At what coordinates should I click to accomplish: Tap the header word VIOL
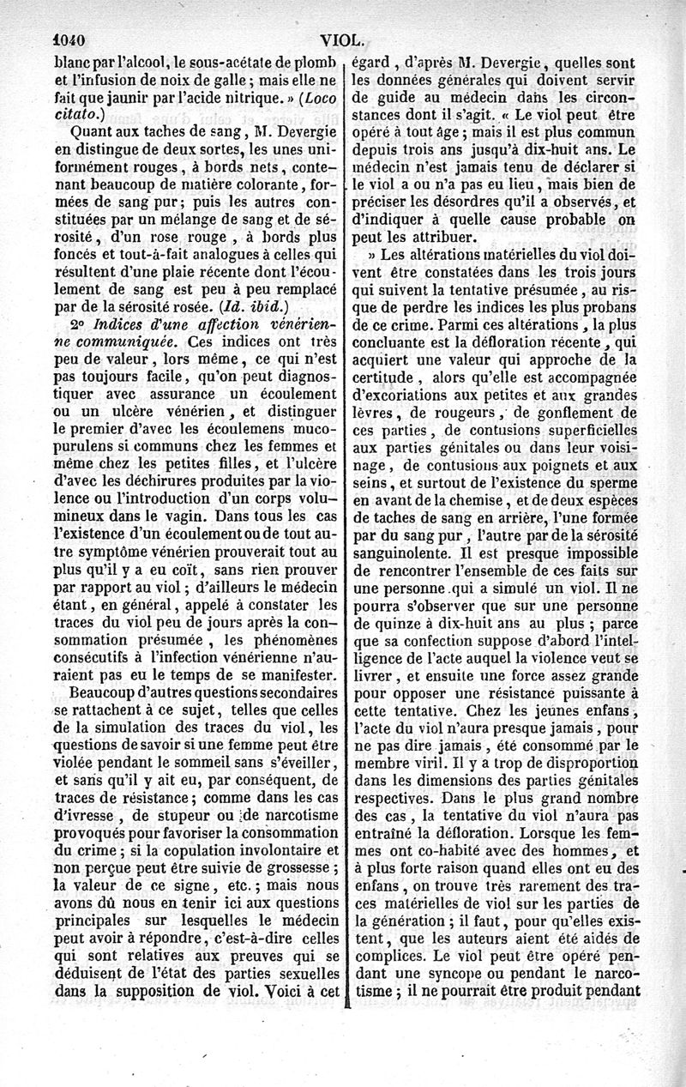click(343, 39)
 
